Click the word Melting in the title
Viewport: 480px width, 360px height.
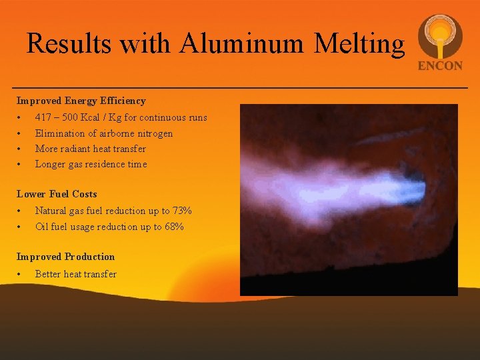[x=359, y=43]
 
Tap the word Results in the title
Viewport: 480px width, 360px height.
[x=68, y=43]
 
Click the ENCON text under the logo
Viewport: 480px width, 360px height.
[x=440, y=66]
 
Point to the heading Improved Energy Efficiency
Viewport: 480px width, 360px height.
[x=81, y=101]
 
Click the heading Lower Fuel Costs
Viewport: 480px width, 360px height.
[x=57, y=194]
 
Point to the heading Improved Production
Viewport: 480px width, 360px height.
[x=65, y=257]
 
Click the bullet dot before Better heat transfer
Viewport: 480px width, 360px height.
[x=21, y=274]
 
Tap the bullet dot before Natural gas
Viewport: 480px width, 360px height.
[x=21, y=211]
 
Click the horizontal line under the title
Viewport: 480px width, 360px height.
[x=240, y=88]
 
